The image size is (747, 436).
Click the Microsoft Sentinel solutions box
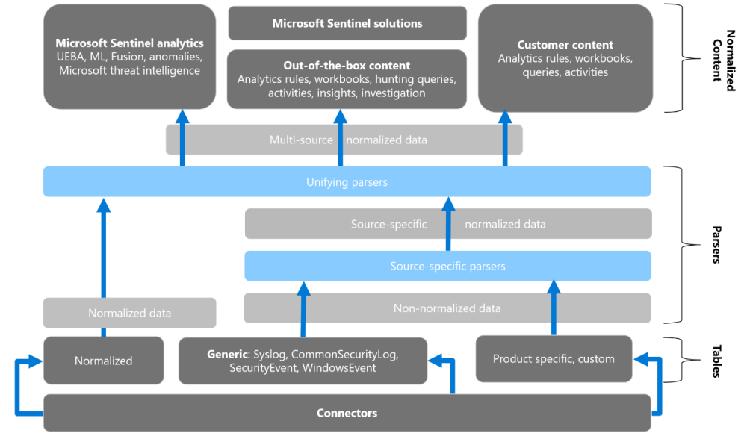[x=347, y=23]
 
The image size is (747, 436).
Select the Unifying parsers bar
[x=347, y=181]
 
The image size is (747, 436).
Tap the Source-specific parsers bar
[x=447, y=266]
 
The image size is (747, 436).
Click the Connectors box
[x=347, y=413]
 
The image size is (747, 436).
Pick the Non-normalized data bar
[x=447, y=308]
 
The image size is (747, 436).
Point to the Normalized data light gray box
[x=129, y=313]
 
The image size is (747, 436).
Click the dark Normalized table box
[x=103, y=361]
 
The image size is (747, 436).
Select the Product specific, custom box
[x=554, y=359]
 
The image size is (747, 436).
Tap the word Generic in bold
[x=229, y=353]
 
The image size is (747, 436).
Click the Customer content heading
[x=565, y=45]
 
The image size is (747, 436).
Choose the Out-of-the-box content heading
[x=347, y=66]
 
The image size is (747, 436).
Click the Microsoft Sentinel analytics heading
[x=129, y=43]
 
